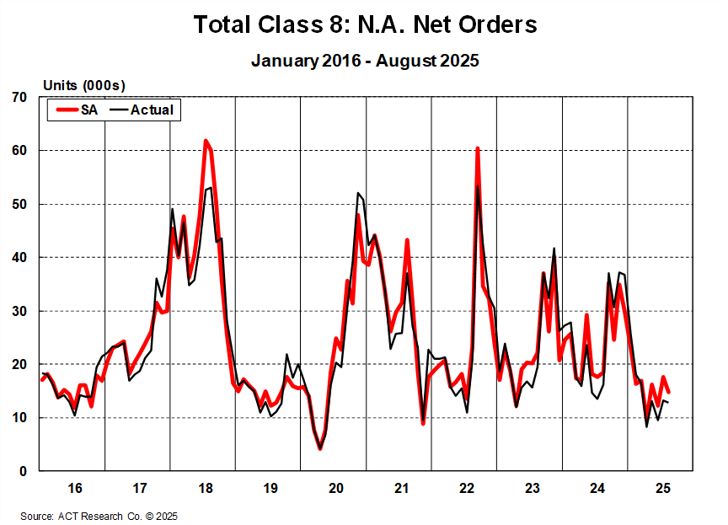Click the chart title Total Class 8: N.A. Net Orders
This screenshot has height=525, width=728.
coord(365,24)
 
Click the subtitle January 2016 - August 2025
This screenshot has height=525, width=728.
coord(365,61)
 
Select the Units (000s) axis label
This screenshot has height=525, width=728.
coord(84,85)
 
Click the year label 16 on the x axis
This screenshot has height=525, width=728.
coord(74,488)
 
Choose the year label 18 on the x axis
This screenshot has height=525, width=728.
coord(205,488)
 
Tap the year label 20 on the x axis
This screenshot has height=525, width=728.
coord(335,488)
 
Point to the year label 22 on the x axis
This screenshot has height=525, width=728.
coord(466,488)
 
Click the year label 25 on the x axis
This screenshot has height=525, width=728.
coord(662,488)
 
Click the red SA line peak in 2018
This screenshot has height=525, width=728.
coord(206,142)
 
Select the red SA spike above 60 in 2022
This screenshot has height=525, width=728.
coord(478,148)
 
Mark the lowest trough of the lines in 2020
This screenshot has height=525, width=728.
coord(320,448)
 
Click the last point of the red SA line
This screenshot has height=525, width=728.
coord(668,392)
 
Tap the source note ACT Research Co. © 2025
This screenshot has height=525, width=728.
coord(99,516)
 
